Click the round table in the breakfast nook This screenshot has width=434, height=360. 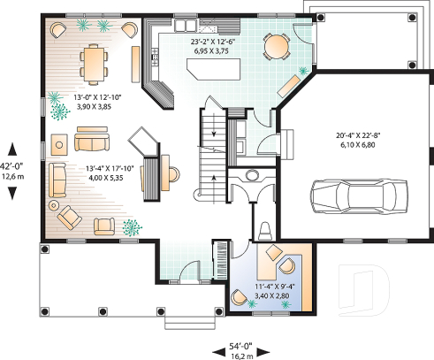click(x=278, y=45)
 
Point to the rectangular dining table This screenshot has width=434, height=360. click(x=93, y=61)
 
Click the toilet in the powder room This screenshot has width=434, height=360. click(x=265, y=231)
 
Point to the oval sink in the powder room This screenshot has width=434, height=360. click(x=251, y=174)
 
